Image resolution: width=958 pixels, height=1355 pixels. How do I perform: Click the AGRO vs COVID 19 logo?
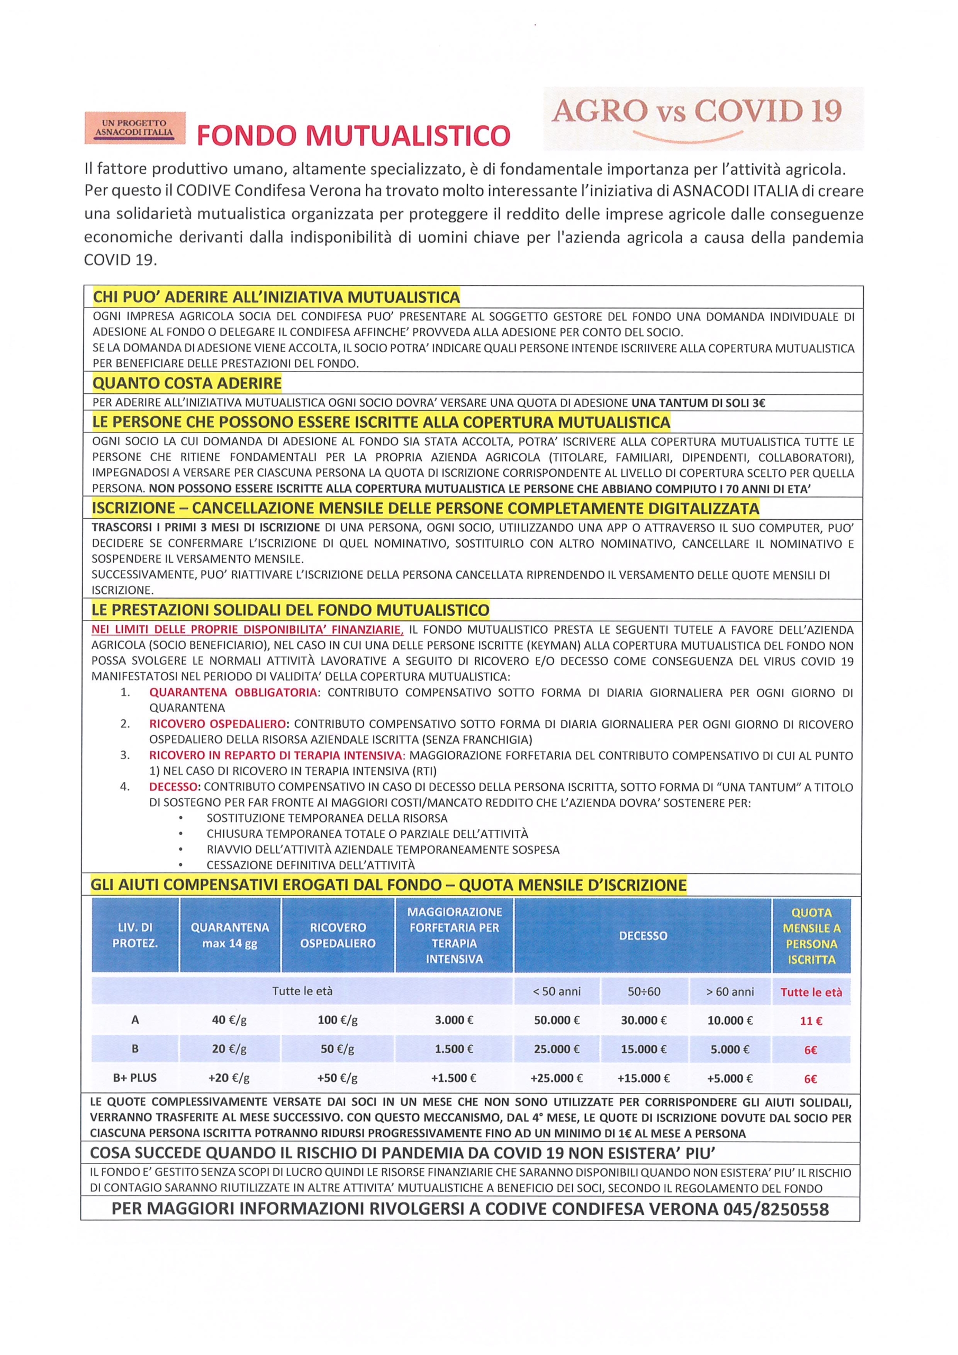pyautogui.click(x=702, y=117)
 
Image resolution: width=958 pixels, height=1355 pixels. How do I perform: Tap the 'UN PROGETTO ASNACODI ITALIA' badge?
pyautogui.click(x=134, y=128)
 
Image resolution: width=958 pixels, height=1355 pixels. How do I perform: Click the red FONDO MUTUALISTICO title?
pyautogui.click(x=353, y=135)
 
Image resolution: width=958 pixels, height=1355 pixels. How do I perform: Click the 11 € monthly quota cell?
pyautogui.click(x=811, y=1020)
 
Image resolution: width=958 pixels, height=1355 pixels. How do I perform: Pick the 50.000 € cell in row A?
pyautogui.click(x=556, y=1020)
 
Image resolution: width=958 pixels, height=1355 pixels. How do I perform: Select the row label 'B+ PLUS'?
pyautogui.click(x=134, y=1078)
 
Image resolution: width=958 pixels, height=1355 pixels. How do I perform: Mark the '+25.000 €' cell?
pyautogui.click(x=556, y=1078)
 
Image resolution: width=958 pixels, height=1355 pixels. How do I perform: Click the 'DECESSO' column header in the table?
pyautogui.click(x=643, y=935)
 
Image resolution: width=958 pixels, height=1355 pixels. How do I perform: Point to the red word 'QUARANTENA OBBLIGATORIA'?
pyautogui.click(x=233, y=692)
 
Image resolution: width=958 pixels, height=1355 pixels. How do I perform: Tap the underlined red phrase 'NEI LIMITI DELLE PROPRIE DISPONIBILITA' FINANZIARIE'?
pyautogui.click(x=247, y=630)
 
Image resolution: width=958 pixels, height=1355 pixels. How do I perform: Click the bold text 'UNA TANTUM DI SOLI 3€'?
pyautogui.click(x=698, y=403)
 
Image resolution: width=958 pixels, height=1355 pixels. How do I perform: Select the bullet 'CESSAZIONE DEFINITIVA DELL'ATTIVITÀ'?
pyautogui.click(x=311, y=865)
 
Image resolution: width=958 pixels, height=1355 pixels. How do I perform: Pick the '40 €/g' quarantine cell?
pyautogui.click(x=229, y=1020)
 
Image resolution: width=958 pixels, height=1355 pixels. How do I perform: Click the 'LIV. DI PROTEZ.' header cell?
pyautogui.click(x=134, y=935)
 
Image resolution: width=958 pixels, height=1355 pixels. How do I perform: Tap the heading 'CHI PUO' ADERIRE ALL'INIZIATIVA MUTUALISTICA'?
pyautogui.click(x=276, y=296)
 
